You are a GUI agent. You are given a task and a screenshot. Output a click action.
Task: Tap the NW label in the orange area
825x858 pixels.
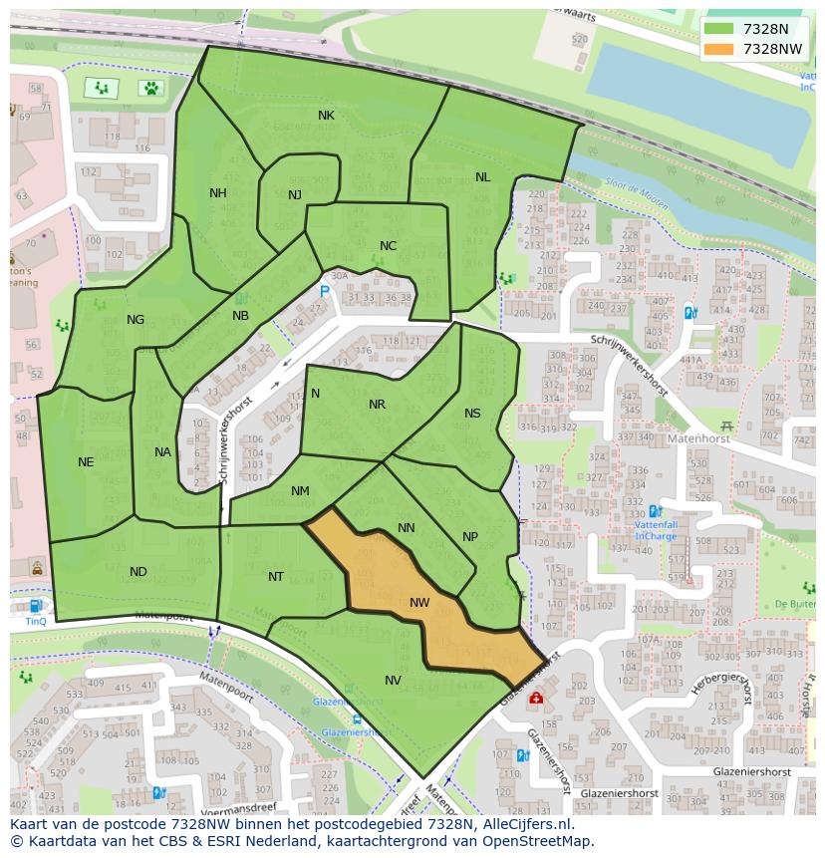pos(419,603)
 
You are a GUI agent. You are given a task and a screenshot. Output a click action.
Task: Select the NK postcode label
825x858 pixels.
pos(326,116)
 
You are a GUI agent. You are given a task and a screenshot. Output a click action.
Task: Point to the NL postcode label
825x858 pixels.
pos(482,177)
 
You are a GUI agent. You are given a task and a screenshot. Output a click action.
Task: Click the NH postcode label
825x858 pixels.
pos(217,193)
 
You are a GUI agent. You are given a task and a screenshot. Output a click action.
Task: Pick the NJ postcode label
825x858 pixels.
pos(295,195)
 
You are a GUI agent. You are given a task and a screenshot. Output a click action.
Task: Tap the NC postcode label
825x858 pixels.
pos(388,246)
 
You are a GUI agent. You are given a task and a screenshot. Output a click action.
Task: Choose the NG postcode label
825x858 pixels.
pos(136,320)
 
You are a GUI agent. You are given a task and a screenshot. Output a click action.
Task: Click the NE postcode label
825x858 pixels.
pos(86,462)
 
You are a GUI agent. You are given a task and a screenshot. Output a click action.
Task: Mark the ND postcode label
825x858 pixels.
pos(138,572)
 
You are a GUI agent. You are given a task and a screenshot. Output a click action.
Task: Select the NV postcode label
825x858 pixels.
pos(393,681)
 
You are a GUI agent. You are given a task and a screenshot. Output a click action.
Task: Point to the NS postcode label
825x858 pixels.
pos(472,414)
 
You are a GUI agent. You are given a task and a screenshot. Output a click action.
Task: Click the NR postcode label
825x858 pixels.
pos(377,405)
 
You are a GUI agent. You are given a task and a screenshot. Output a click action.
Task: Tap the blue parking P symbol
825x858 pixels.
pos(324,291)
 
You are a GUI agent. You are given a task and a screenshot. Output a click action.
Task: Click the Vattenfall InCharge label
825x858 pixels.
pos(656,529)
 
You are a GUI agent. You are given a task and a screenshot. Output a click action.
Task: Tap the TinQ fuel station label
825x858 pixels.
pos(36,621)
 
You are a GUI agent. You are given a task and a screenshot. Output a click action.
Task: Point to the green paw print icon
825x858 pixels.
pos(150,88)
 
